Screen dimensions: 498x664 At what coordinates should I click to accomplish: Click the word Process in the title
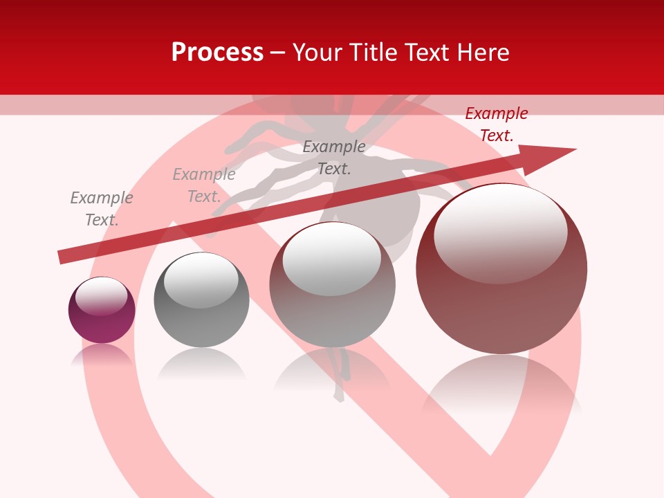[x=217, y=53]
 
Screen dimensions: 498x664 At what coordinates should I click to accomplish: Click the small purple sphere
[x=102, y=310]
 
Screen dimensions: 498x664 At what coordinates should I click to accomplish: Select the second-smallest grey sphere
[x=201, y=300]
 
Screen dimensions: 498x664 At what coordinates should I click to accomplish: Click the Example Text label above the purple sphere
[x=101, y=209]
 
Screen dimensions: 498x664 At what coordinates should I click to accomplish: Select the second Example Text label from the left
[x=203, y=185]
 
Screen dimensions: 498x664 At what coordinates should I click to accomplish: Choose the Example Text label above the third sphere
[x=333, y=157]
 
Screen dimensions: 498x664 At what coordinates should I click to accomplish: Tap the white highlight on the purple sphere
[x=101, y=295]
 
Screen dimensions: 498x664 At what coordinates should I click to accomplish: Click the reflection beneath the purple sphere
[x=102, y=355]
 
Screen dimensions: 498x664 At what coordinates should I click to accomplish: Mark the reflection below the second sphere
[x=201, y=363]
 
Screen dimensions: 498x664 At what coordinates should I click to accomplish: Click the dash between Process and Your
[x=278, y=53]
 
